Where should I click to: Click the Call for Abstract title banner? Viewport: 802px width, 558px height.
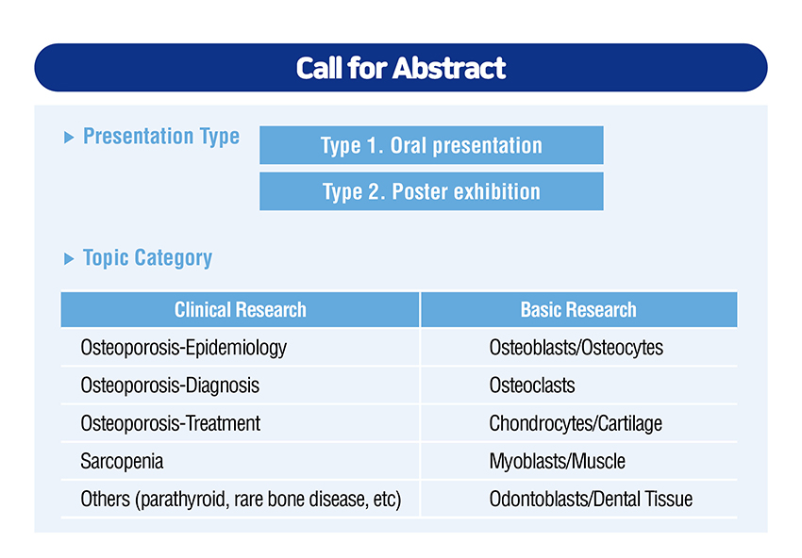[401, 68]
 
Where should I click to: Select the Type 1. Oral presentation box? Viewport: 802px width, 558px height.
[431, 145]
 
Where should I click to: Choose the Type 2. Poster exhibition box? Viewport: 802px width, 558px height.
[431, 191]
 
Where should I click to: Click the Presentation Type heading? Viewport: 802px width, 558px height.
[161, 137]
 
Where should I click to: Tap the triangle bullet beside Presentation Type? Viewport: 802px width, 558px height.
[69, 137]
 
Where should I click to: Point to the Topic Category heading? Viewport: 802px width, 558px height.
[147, 258]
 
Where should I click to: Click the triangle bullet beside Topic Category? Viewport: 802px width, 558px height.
[69, 258]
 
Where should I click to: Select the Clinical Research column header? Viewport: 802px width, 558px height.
[240, 309]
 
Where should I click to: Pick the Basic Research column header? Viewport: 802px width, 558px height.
[578, 309]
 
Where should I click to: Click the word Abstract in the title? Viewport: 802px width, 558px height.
[449, 68]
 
